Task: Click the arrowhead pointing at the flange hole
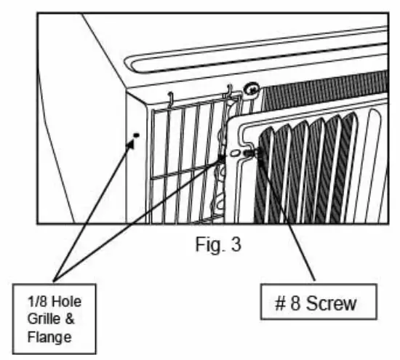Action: pos(132,145)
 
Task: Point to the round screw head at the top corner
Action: pos(252,90)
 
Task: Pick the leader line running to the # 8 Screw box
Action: pos(287,218)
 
